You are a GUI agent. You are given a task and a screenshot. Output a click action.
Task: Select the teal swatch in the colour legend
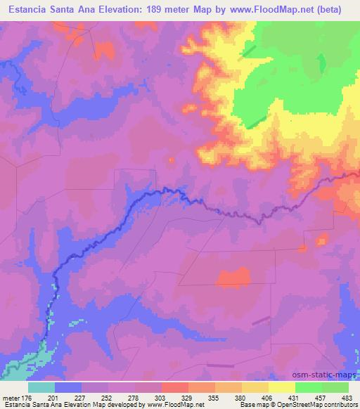tap(41, 387)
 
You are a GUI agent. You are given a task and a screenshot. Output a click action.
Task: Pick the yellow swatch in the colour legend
tap(282, 387)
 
